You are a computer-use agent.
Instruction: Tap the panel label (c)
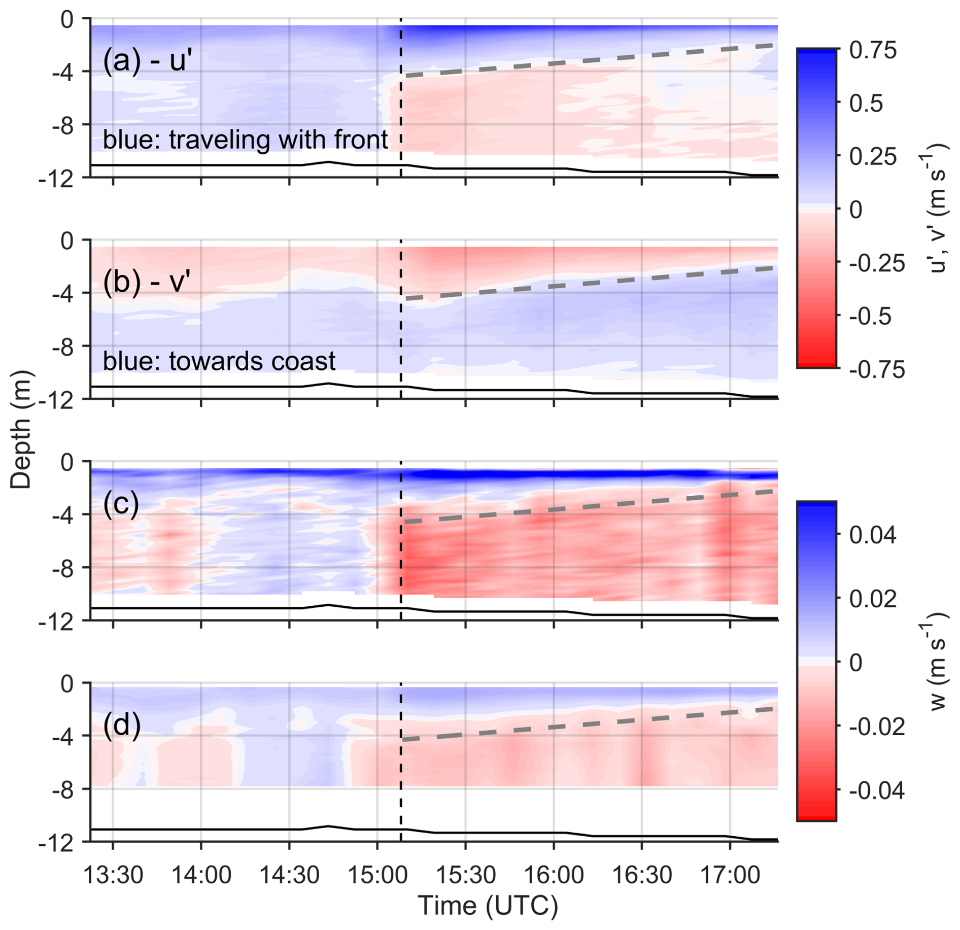click(121, 504)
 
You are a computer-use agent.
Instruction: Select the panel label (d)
click(121, 725)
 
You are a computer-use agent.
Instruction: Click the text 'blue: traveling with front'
click(245, 140)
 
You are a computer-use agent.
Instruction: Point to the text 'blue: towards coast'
click(219, 361)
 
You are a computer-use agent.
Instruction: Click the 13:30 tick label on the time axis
click(113, 875)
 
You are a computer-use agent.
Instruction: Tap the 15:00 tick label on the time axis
click(377, 875)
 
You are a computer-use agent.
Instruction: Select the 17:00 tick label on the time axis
click(730, 875)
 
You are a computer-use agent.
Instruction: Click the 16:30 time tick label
click(642, 875)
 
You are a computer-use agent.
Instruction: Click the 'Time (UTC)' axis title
click(487, 907)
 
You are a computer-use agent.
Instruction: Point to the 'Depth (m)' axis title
click(21, 429)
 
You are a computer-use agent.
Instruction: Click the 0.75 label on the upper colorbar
click(873, 51)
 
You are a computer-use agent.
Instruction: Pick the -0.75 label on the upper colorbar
click(877, 369)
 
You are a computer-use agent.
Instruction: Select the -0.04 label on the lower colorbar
click(877, 791)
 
